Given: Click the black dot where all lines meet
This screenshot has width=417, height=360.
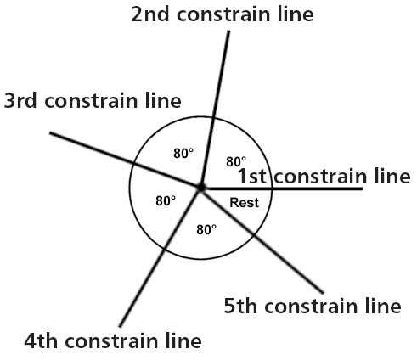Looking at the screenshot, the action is (x=201, y=188).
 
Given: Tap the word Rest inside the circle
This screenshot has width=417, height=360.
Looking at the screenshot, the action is (x=244, y=203).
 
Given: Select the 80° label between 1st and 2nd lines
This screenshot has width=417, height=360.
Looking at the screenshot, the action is (x=236, y=162).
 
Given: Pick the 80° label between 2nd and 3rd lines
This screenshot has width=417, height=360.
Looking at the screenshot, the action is (x=183, y=154).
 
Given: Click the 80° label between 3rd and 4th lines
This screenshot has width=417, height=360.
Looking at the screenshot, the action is (x=166, y=201).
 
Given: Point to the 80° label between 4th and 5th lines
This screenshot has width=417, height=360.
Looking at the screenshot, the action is (x=206, y=229).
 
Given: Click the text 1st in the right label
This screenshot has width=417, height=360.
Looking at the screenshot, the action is (x=252, y=176).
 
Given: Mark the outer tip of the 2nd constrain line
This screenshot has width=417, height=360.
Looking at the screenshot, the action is (x=228, y=31).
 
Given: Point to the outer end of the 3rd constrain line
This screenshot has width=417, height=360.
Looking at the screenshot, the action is (x=50, y=133).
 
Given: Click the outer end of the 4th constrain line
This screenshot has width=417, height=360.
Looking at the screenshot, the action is (x=120, y=326).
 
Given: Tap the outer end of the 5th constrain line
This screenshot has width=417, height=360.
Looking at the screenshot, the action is (x=323, y=293).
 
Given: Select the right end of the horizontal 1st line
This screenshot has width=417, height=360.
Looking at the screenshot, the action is (x=362, y=188).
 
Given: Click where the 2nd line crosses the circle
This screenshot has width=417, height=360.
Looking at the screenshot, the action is (x=213, y=117).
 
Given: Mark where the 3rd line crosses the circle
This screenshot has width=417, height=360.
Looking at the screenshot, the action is (x=133, y=163).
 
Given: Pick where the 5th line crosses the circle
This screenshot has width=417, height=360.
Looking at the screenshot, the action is (x=253, y=235).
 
